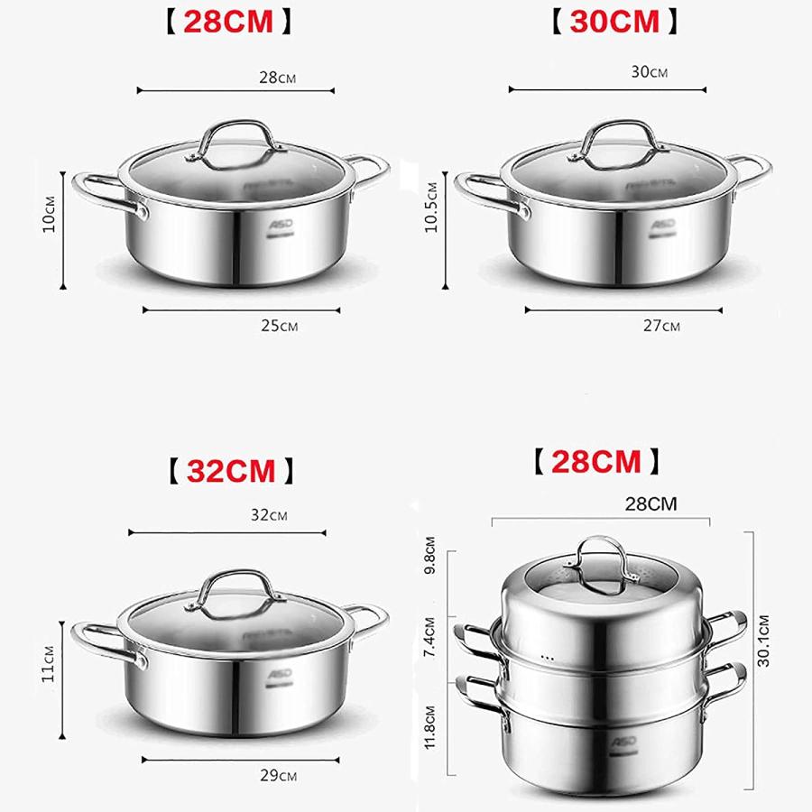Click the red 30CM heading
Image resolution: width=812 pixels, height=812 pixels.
click(614, 22)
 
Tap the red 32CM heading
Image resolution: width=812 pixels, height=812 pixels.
click(231, 470)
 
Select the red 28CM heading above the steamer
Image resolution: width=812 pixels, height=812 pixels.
click(595, 462)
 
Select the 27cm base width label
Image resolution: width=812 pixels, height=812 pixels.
click(661, 326)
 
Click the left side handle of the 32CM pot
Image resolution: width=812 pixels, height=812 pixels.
click(106, 642)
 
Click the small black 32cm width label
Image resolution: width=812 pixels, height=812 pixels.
click(269, 515)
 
